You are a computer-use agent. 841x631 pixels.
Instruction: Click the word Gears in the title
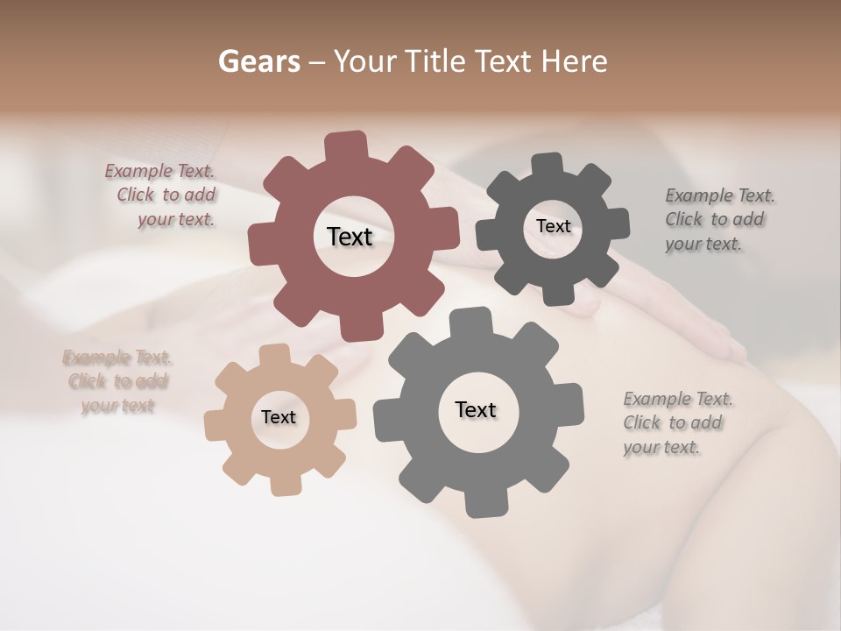[258, 61]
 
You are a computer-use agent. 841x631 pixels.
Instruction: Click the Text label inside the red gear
[350, 237]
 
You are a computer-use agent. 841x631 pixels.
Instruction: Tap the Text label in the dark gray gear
[553, 226]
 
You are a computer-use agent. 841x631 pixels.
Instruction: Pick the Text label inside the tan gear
[279, 417]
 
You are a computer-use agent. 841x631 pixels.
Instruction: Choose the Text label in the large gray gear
[476, 409]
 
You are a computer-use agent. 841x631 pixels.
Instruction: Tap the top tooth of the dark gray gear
[548, 164]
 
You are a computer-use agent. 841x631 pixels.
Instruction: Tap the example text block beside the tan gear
[117, 381]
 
